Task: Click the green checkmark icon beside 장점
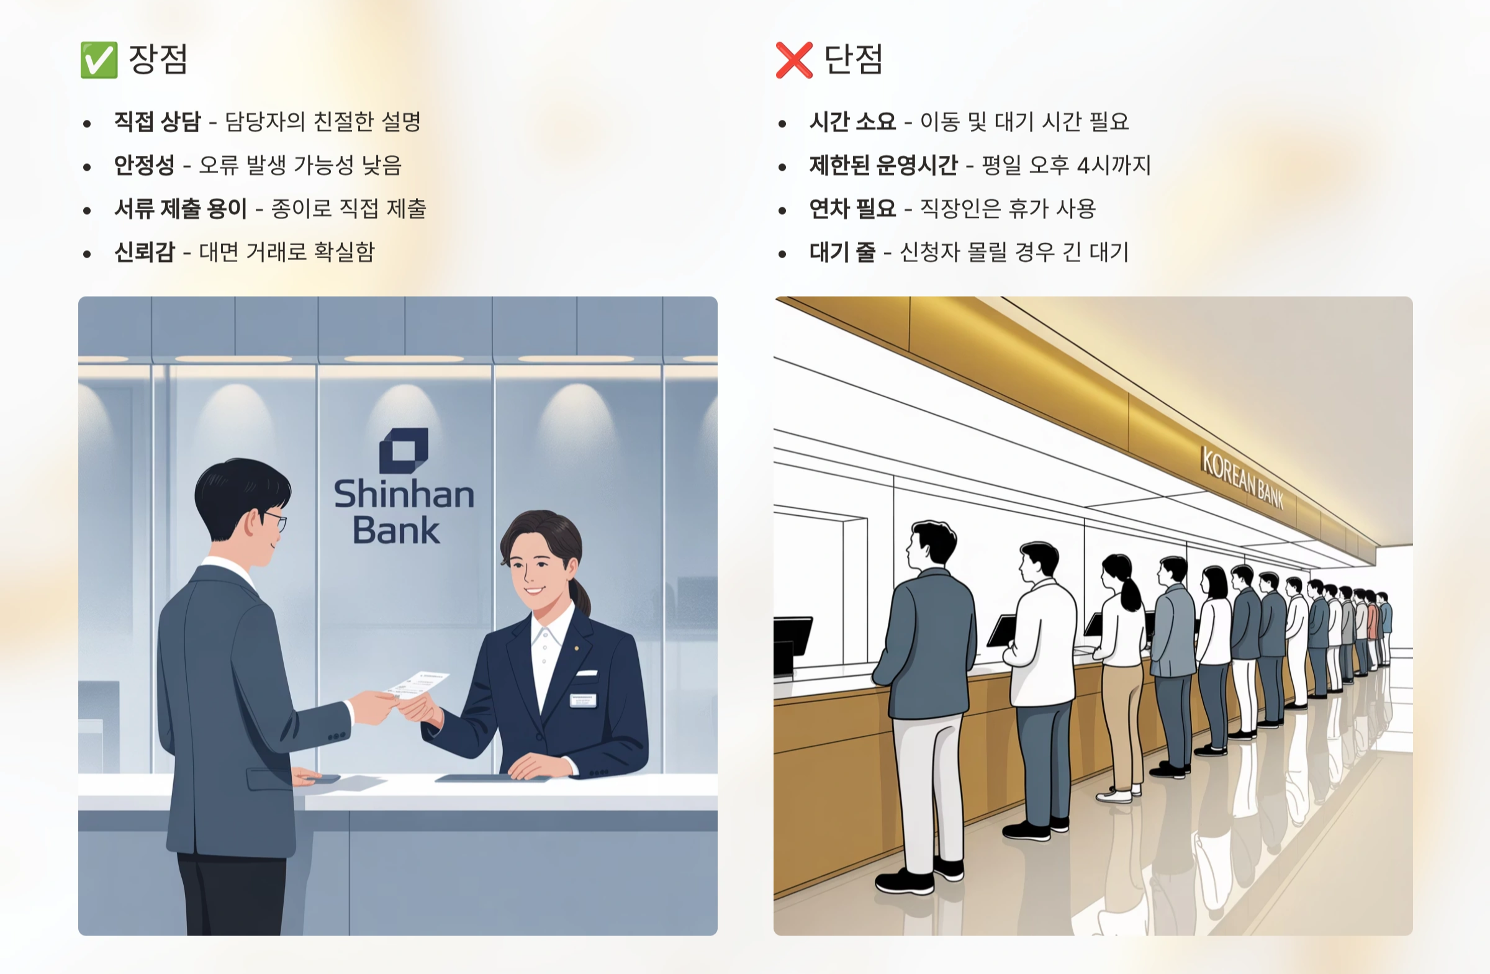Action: coord(99,60)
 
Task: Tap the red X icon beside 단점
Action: coord(794,60)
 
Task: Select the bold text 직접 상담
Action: coord(157,122)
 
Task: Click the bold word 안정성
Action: coord(144,165)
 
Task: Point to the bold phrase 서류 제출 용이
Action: coord(180,209)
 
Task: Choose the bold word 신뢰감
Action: coord(144,252)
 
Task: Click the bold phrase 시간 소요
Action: coord(852,122)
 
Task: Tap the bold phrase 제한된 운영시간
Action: coord(883,165)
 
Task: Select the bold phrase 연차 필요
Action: coord(852,209)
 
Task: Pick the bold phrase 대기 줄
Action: coord(842,252)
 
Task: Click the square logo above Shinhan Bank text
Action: coord(404,451)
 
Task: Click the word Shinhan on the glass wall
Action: coord(404,494)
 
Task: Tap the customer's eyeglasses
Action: coord(276,521)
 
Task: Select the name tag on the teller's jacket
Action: coord(582,700)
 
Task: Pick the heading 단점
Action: coord(852,60)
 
